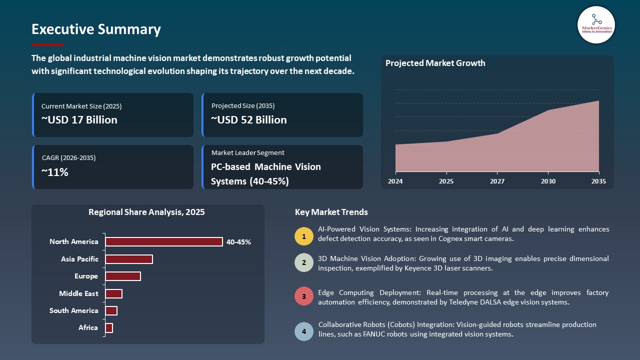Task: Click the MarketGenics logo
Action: [596, 24]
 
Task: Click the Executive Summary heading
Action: [96, 29]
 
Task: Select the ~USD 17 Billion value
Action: [79, 120]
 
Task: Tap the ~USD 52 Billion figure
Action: [249, 120]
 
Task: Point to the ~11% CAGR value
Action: [55, 172]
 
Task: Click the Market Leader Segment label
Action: [248, 153]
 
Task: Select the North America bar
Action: [163, 242]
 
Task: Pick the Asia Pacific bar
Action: [128, 259]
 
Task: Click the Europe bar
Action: [122, 276]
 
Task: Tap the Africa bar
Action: [109, 328]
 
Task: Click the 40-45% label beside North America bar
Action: [238, 242]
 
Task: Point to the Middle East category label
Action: [78, 293]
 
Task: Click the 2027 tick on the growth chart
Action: [497, 181]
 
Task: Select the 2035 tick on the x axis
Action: [598, 181]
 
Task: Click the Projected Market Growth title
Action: [435, 63]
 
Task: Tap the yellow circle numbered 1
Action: [304, 236]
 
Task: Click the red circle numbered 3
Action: [304, 296]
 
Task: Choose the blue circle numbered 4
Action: [304, 331]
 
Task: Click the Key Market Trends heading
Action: [331, 212]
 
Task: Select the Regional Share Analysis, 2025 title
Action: [146, 212]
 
